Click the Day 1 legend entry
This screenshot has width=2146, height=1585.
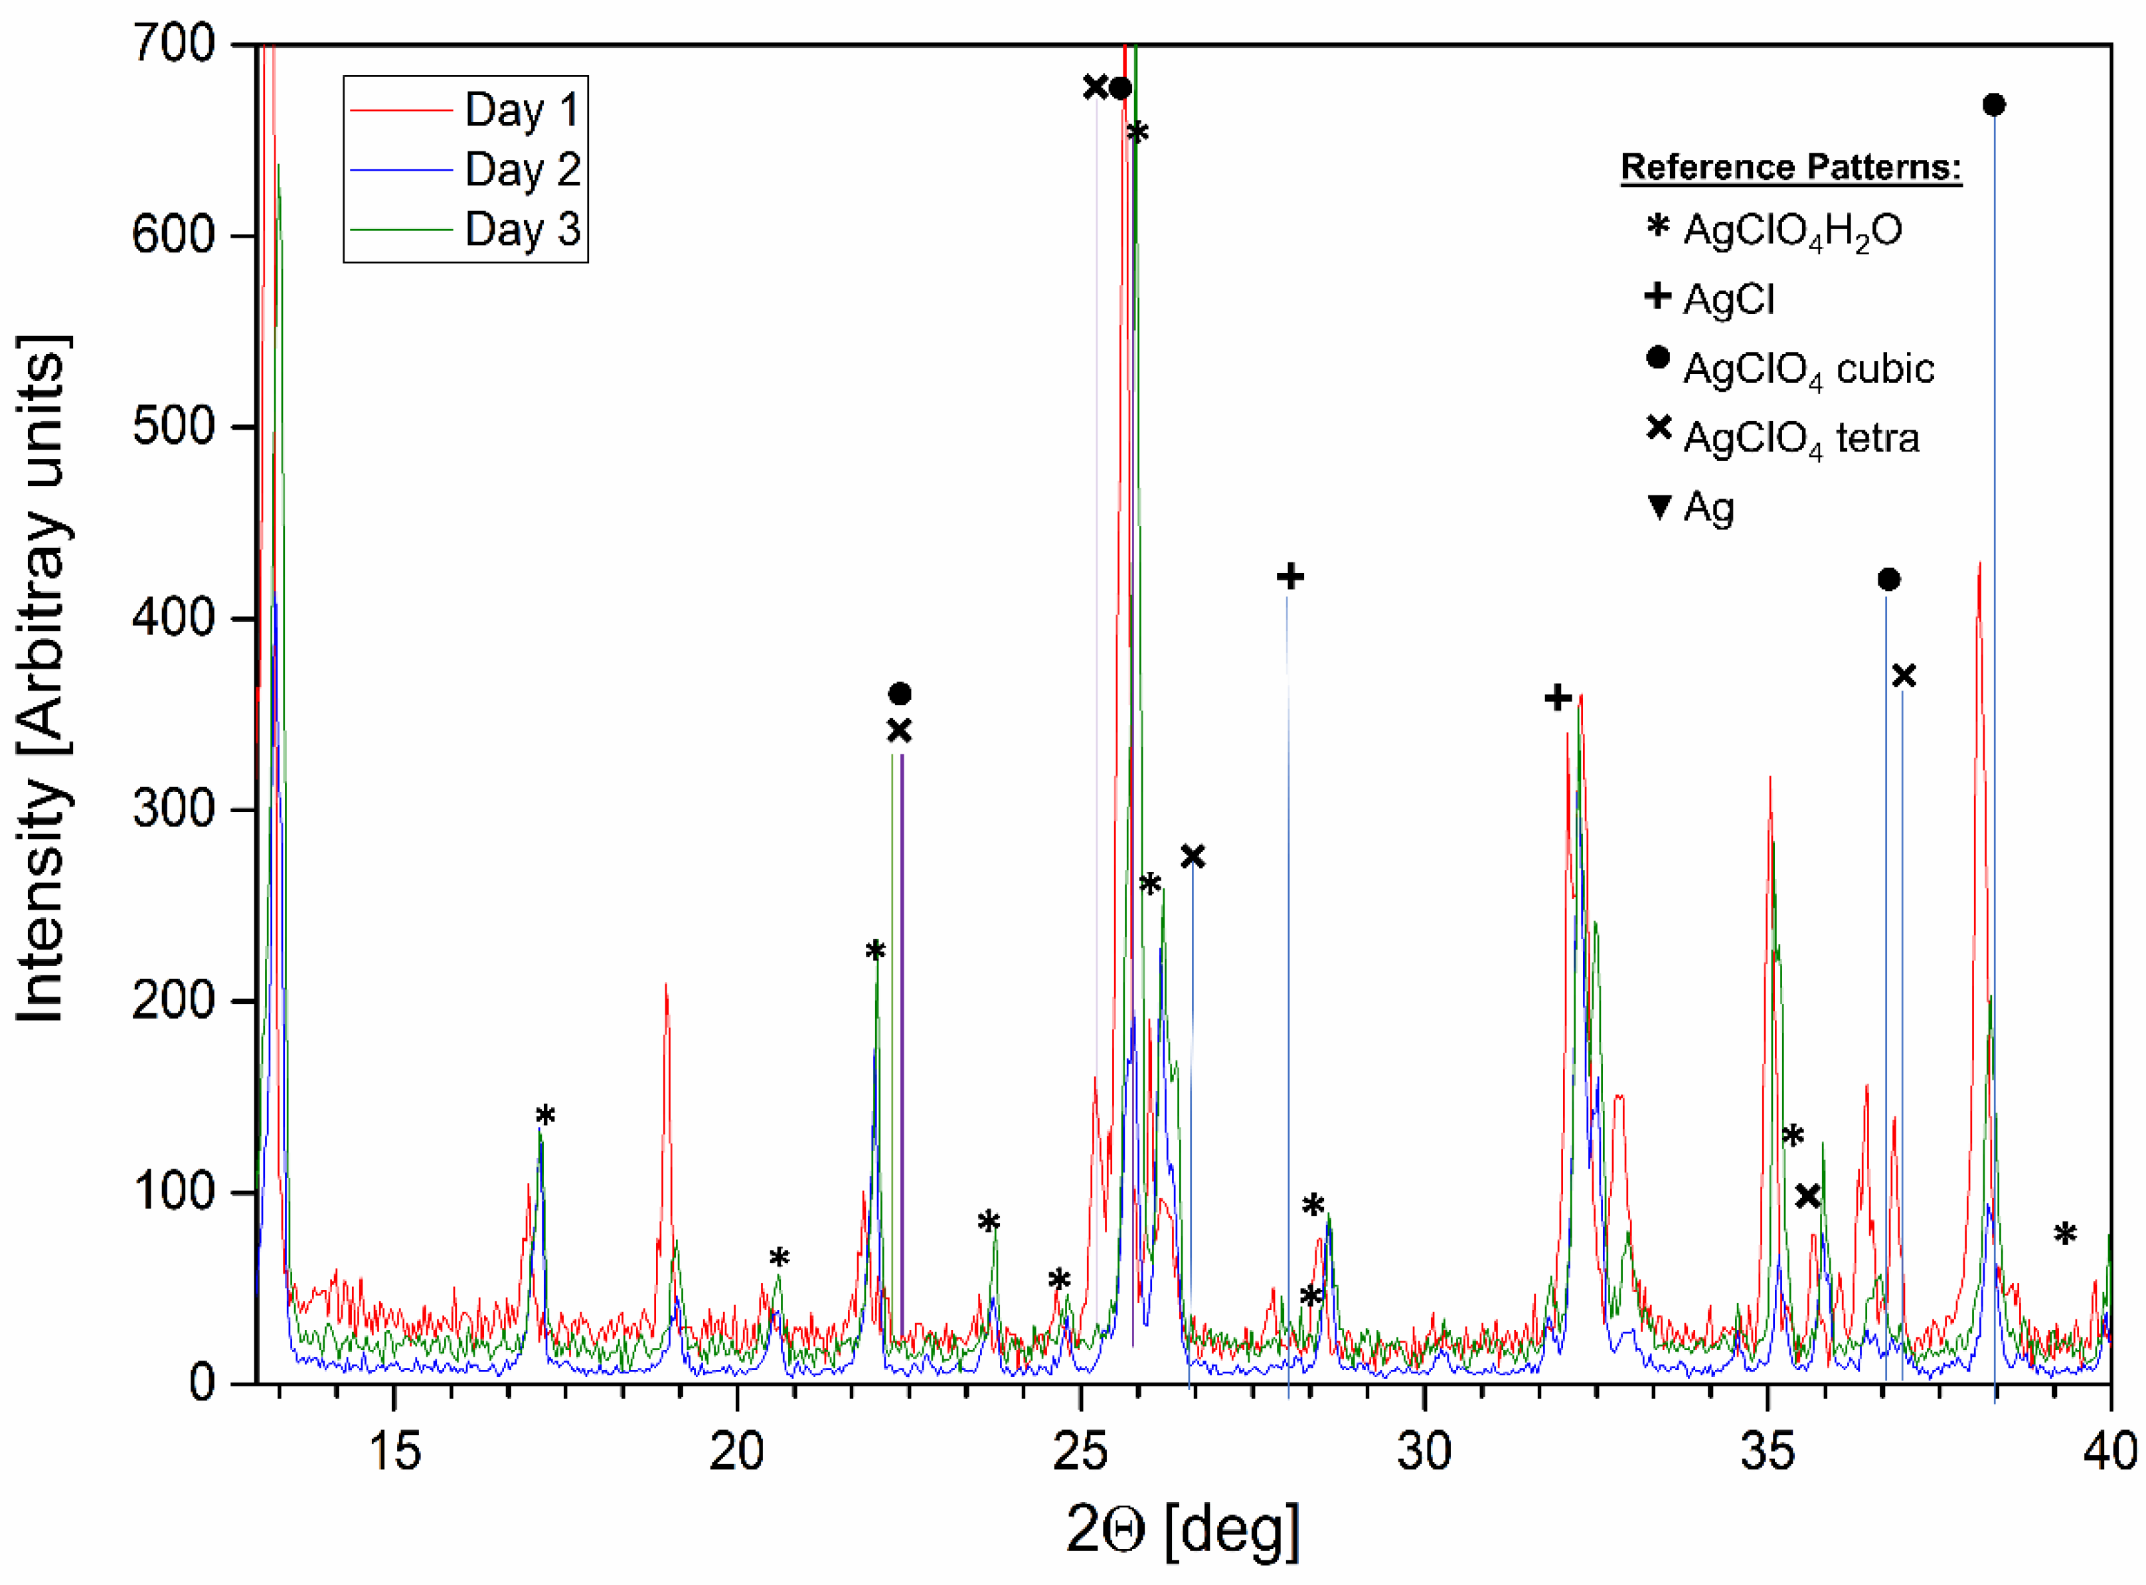[522, 110]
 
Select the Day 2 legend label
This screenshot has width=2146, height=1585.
[522, 170]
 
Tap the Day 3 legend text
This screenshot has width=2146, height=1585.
[522, 229]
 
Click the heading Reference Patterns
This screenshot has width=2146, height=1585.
[1790, 167]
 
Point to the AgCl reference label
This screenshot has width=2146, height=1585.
[1728, 299]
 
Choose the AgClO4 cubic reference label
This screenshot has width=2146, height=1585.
[1807, 369]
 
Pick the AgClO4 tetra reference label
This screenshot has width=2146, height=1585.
[1801, 438]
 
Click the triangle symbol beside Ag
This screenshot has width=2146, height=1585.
[1659, 507]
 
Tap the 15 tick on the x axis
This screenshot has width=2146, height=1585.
[394, 1452]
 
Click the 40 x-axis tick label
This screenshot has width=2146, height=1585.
[2109, 1452]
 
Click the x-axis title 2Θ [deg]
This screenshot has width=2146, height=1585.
[1182, 1529]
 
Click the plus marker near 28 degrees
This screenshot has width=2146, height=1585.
[1290, 576]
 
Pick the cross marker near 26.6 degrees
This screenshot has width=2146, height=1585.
[1193, 857]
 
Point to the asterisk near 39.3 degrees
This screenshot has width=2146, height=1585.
[2064, 1235]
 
